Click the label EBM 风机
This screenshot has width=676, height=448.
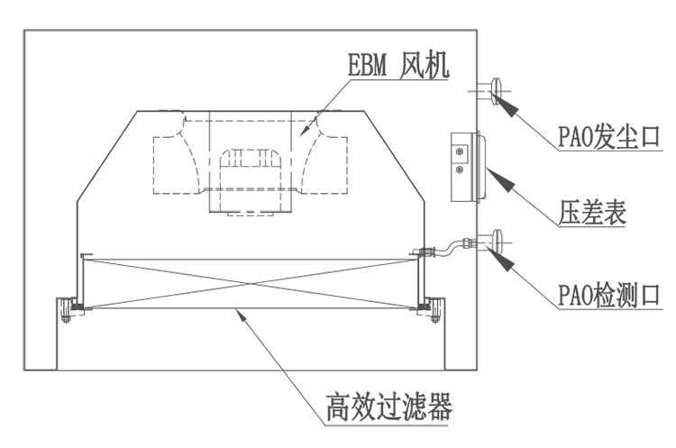point(397,66)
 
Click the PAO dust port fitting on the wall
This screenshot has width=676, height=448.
point(497,91)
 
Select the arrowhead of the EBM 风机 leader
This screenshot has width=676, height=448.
point(307,132)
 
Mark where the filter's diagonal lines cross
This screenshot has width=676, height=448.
point(251,281)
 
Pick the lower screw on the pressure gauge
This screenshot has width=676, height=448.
point(460,169)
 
